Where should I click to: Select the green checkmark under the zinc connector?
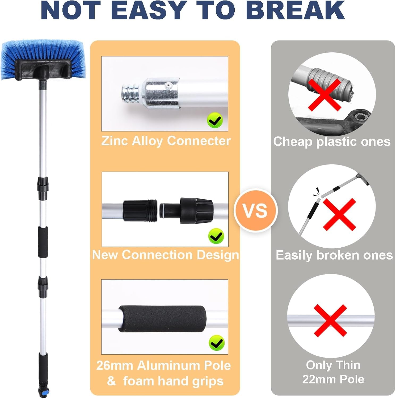[215, 121]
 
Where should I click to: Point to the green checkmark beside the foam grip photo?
[216, 343]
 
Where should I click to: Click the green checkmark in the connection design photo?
[216, 236]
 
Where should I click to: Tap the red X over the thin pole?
[330, 321]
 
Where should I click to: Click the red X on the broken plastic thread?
[325, 95]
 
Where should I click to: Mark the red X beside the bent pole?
[339, 214]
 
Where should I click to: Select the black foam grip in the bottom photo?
[162, 319]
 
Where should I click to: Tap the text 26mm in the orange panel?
[115, 366]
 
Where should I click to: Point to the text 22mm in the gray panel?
[317, 379]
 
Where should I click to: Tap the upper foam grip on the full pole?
[43, 242]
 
